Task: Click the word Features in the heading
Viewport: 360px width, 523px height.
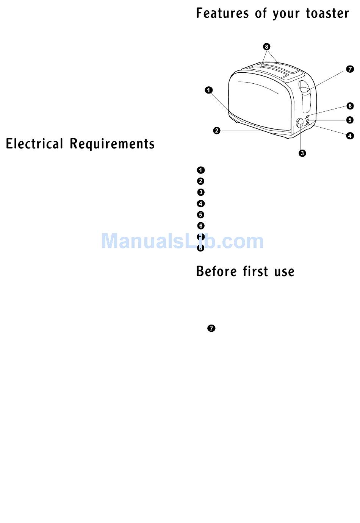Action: pos(222,14)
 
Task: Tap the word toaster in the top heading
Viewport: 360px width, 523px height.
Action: pos(327,14)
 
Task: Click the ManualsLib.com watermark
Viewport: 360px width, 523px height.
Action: pos(182,241)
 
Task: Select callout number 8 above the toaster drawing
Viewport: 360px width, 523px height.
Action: pos(267,47)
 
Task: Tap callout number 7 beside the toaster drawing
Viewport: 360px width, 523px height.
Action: pos(350,69)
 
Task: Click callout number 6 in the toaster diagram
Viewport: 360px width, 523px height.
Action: pos(350,106)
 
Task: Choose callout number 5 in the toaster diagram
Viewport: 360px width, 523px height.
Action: pos(350,120)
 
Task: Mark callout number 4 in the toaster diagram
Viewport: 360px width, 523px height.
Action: pos(350,136)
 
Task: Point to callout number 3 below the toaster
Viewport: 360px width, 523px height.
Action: pos(302,153)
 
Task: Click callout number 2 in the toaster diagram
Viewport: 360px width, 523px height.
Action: pos(216,131)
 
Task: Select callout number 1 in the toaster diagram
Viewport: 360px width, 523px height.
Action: pos(209,90)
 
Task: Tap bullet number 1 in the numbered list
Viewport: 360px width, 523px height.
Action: pos(201,170)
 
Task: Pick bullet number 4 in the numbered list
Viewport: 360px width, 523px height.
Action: pos(201,204)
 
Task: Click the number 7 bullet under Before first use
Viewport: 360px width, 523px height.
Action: pos(211,328)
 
